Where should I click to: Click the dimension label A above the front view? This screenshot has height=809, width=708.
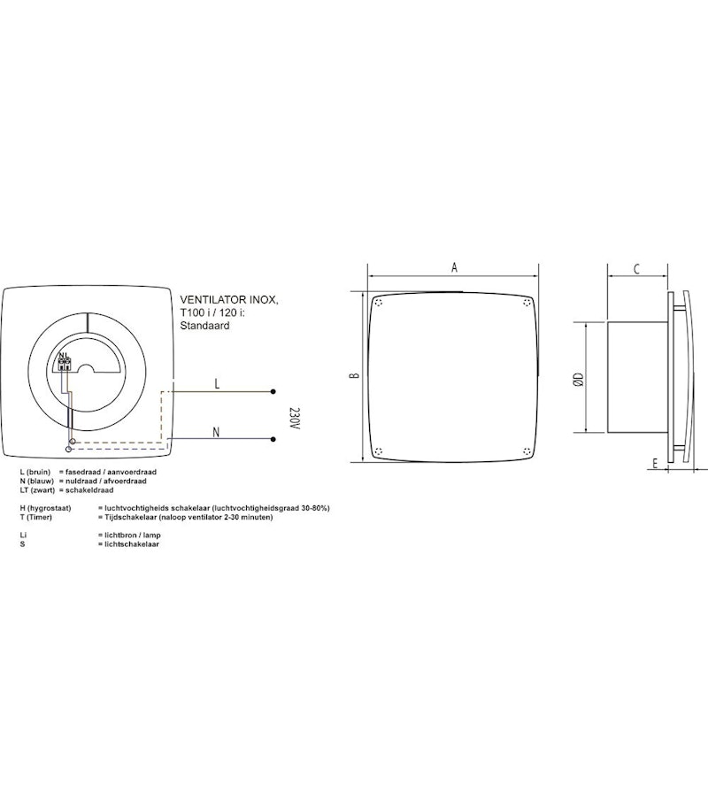[x=454, y=267]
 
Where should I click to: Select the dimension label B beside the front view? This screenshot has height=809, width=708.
[x=353, y=375]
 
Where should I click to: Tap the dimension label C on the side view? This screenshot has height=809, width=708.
[x=636, y=269]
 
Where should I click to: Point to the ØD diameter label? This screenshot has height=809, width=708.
[x=578, y=379]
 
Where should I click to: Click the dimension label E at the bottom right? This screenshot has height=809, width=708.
[x=653, y=462]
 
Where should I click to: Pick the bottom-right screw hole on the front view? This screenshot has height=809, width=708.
[x=527, y=450]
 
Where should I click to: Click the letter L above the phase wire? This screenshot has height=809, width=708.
[x=217, y=383]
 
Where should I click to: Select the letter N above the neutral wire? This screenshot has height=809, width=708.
[x=216, y=432]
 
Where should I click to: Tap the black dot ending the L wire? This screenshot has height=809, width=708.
[x=273, y=391]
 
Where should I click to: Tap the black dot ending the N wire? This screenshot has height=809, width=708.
[x=273, y=440]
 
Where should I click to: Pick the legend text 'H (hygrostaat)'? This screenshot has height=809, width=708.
[x=43, y=509]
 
